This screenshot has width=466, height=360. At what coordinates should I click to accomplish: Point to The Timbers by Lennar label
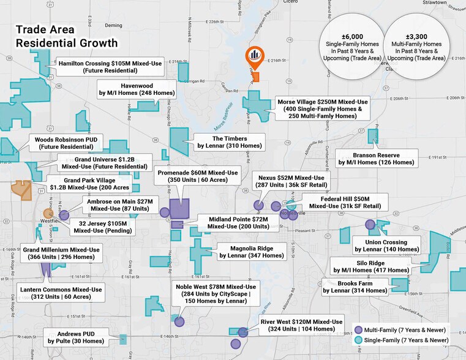[229, 142]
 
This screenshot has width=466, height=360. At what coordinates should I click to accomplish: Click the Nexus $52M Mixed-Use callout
[291, 181]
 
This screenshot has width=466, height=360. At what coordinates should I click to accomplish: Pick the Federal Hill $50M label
[345, 203]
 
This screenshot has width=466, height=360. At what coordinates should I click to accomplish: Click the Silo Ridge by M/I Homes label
[370, 266]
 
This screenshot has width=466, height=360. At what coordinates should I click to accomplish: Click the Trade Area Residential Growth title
[66, 36]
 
